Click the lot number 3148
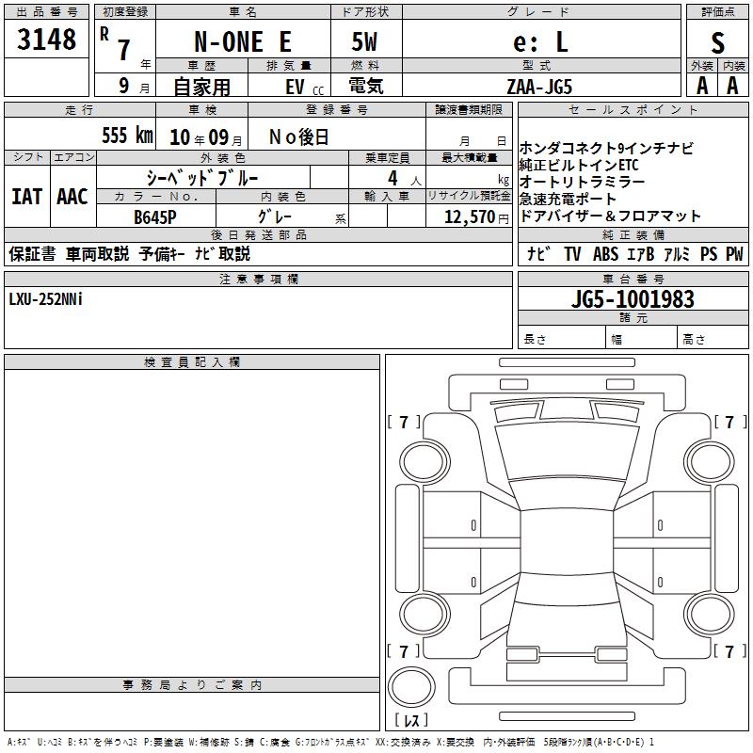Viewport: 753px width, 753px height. click(46, 40)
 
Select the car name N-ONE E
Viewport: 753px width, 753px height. click(243, 41)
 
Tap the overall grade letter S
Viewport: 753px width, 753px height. click(717, 43)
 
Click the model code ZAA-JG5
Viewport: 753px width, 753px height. click(539, 87)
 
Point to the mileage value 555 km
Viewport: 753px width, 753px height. click(127, 135)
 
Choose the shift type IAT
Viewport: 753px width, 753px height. click(27, 197)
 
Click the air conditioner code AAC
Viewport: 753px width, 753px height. click(72, 197)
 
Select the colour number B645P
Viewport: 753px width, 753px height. click(155, 217)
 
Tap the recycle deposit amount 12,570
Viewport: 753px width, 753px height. click(470, 216)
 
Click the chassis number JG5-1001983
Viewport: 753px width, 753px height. click(633, 298)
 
